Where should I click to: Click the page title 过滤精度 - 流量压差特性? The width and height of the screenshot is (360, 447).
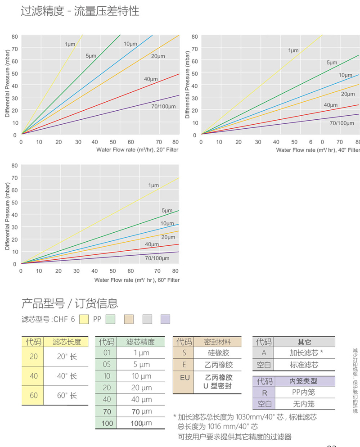click(x=80, y=11)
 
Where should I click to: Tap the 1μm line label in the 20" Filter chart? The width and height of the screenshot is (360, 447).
click(x=70, y=44)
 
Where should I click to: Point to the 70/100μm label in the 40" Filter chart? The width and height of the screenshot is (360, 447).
click(x=342, y=123)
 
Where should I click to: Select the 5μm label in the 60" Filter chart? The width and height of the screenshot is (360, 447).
click(x=167, y=211)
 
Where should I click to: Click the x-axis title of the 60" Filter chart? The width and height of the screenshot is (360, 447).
click(x=137, y=280)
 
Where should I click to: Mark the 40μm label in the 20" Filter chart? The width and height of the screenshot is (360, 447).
click(x=151, y=79)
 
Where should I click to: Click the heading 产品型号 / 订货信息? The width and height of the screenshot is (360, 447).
click(x=70, y=303)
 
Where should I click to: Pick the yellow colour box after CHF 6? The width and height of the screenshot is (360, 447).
click(x=84, y=320)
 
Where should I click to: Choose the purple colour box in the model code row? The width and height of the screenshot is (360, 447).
click(x=165, y=320)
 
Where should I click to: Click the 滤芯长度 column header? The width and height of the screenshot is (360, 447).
click(x=67, y=342)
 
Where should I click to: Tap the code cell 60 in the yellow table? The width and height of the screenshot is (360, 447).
click(x=33, y=396)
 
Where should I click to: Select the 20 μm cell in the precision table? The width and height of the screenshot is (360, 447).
click(x=141, y=388)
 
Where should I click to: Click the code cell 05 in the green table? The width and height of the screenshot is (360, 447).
click(x=107, y=365)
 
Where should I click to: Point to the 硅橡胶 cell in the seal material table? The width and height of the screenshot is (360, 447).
click(x=217, y=353)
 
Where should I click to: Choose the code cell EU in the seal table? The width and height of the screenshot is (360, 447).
click(x=184, y=377)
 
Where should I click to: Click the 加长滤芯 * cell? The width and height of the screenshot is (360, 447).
click(x=304, y=353)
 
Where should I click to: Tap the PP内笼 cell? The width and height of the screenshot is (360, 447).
click(x=304, y=393)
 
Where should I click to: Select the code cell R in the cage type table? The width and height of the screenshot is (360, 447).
click(x=264, y=393)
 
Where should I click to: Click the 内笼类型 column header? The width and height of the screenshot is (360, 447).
click(x=304, y=381)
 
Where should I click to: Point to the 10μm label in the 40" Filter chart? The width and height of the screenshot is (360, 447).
click(x=345, y=75)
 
